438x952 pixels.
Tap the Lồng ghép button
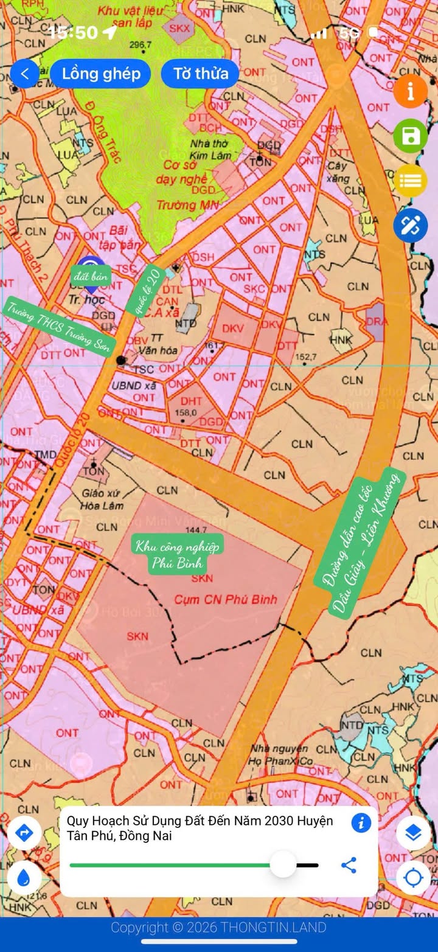pos(101,74)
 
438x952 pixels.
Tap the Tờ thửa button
pos(201,74)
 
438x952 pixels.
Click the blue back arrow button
pos(24,74)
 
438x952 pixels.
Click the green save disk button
pos(411,136)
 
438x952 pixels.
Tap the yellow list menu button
pos(411,181)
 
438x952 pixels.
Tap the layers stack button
pos(414,833)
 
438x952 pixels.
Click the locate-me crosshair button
pos(414,877)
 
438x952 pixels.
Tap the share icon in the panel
pos(349,865)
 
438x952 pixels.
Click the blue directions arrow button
pos(24,833)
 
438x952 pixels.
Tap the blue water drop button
pos(24,877)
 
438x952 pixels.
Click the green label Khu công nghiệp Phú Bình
pos(178,553)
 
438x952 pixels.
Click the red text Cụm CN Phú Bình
pos(226,600)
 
